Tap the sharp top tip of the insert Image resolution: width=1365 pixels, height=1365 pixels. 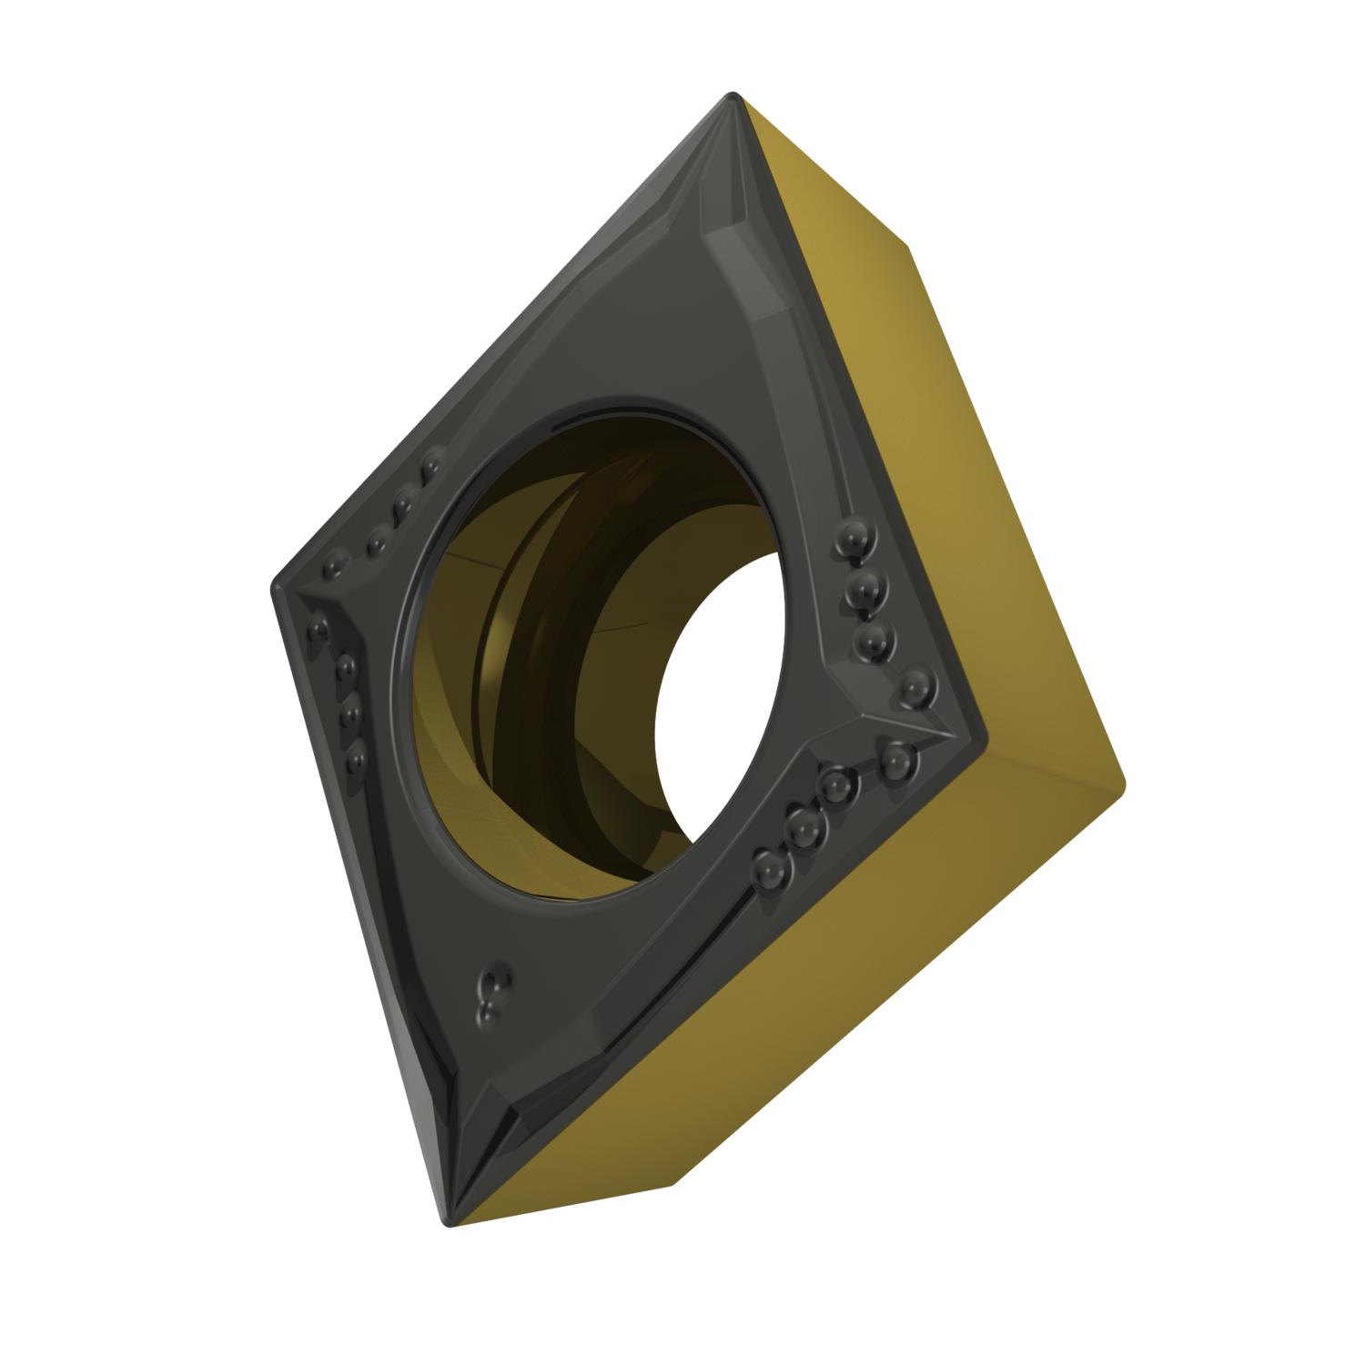click(733, 95)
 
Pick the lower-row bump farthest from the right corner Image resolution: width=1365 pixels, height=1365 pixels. click(770, 870)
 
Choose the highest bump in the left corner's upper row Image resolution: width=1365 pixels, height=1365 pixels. click(430, 468)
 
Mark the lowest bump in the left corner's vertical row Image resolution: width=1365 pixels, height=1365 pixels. click(354, 754)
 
